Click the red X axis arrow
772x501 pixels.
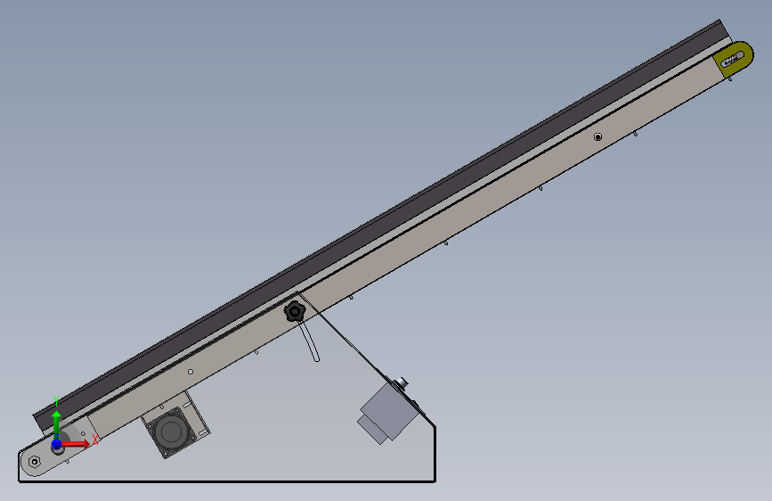74,444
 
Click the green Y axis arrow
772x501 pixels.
57,424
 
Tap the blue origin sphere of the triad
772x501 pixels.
57,444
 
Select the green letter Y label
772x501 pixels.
56,401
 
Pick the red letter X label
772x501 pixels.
95,439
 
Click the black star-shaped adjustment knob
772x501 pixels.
295,312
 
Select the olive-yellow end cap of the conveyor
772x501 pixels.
735,58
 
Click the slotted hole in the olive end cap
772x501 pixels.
733,59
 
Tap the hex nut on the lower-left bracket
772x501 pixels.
34,462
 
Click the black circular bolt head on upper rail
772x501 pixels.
597,136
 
